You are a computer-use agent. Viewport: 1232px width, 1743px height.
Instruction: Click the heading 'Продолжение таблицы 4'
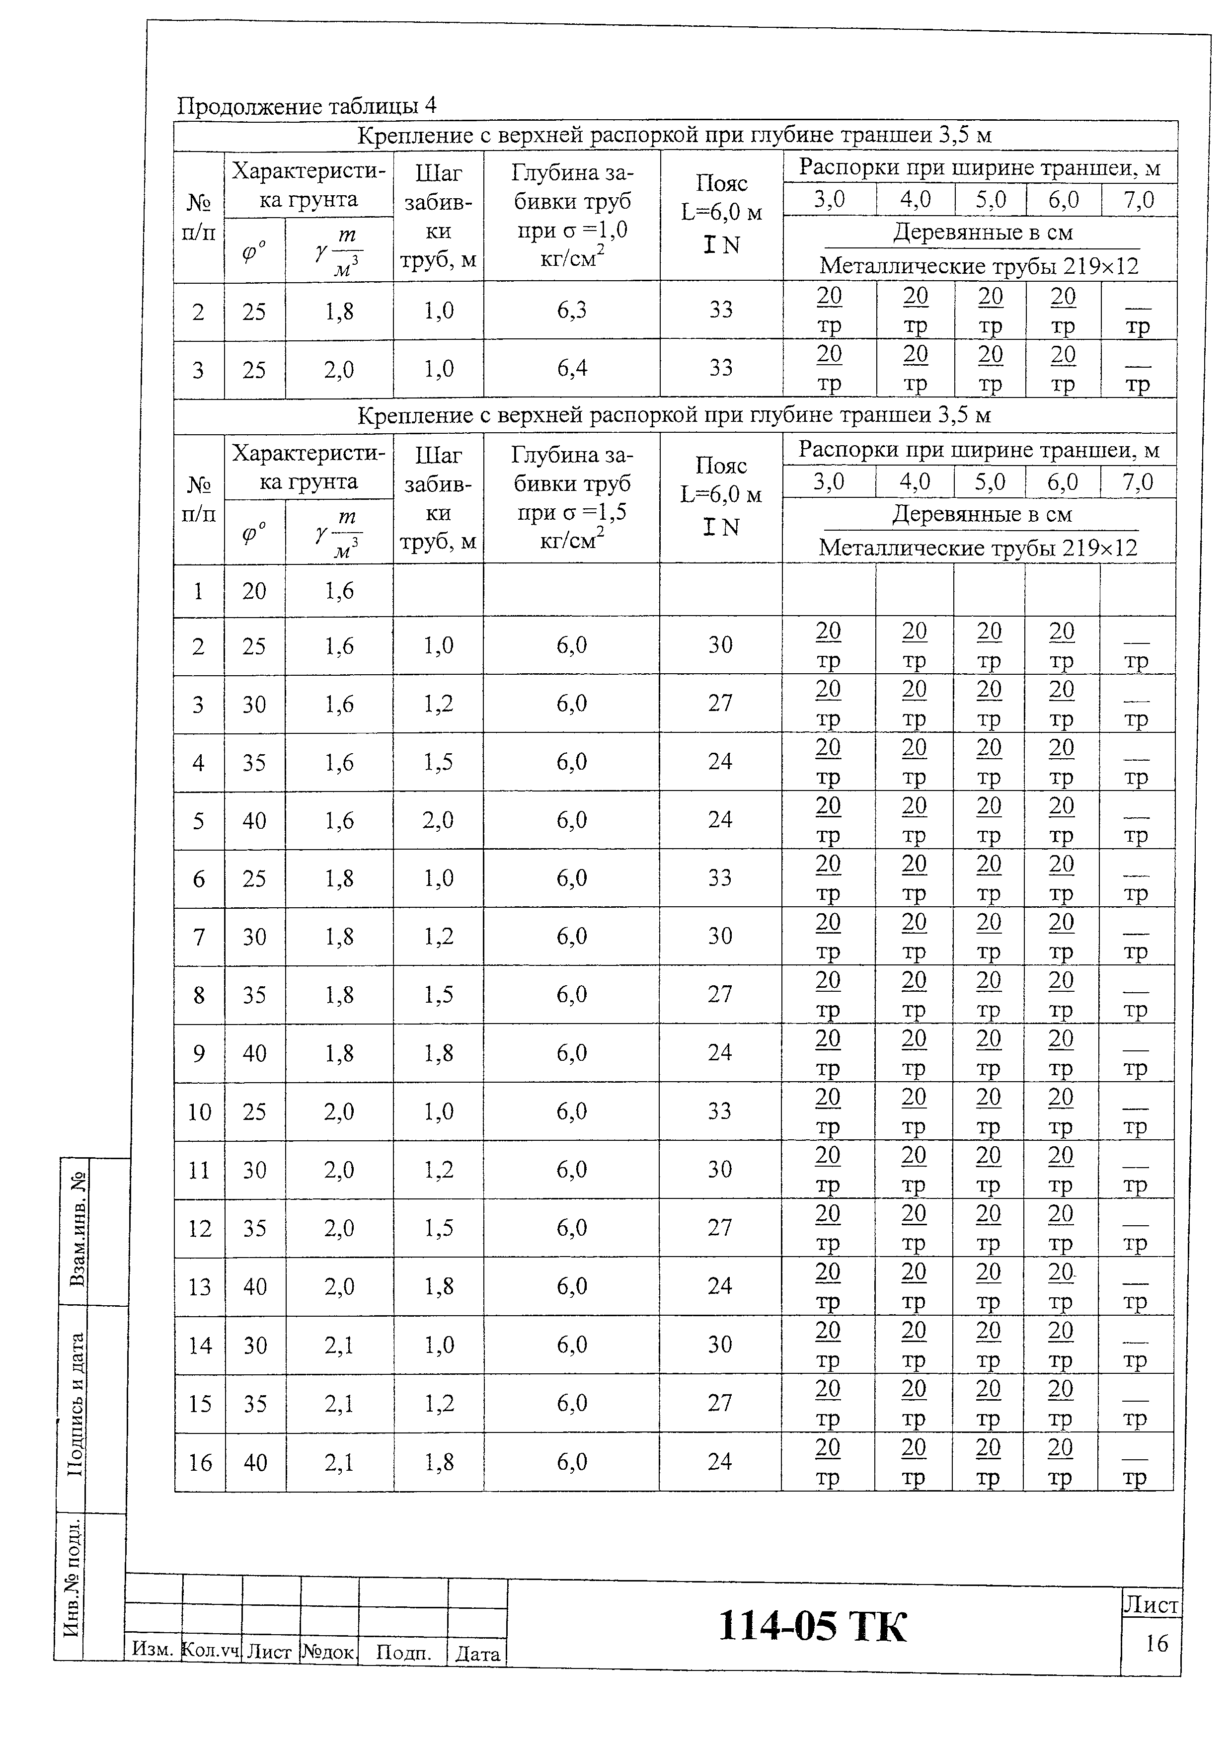306,105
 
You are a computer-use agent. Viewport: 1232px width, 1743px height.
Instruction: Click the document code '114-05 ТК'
811,1626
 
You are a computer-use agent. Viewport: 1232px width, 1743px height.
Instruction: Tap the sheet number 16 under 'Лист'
1156,1643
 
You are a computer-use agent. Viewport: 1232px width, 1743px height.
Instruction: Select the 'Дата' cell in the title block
477,1654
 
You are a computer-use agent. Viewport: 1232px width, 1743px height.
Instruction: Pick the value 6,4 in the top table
572,369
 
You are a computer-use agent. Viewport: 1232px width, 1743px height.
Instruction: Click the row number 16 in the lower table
200,1462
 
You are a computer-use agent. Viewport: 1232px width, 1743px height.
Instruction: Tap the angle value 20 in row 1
254,591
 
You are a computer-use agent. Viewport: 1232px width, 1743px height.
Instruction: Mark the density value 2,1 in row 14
339,1345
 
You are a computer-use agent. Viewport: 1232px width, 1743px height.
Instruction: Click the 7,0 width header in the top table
1138,200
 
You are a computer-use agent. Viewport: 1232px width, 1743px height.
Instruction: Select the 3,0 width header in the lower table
828,482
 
